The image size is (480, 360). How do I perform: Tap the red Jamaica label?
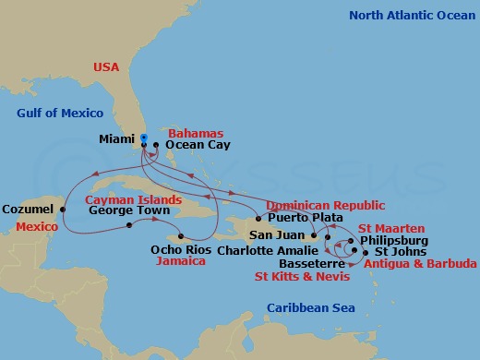pyautogui.click(x=181, y=261)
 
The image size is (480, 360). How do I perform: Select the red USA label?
pyautogui.click(x=107, y=66)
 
